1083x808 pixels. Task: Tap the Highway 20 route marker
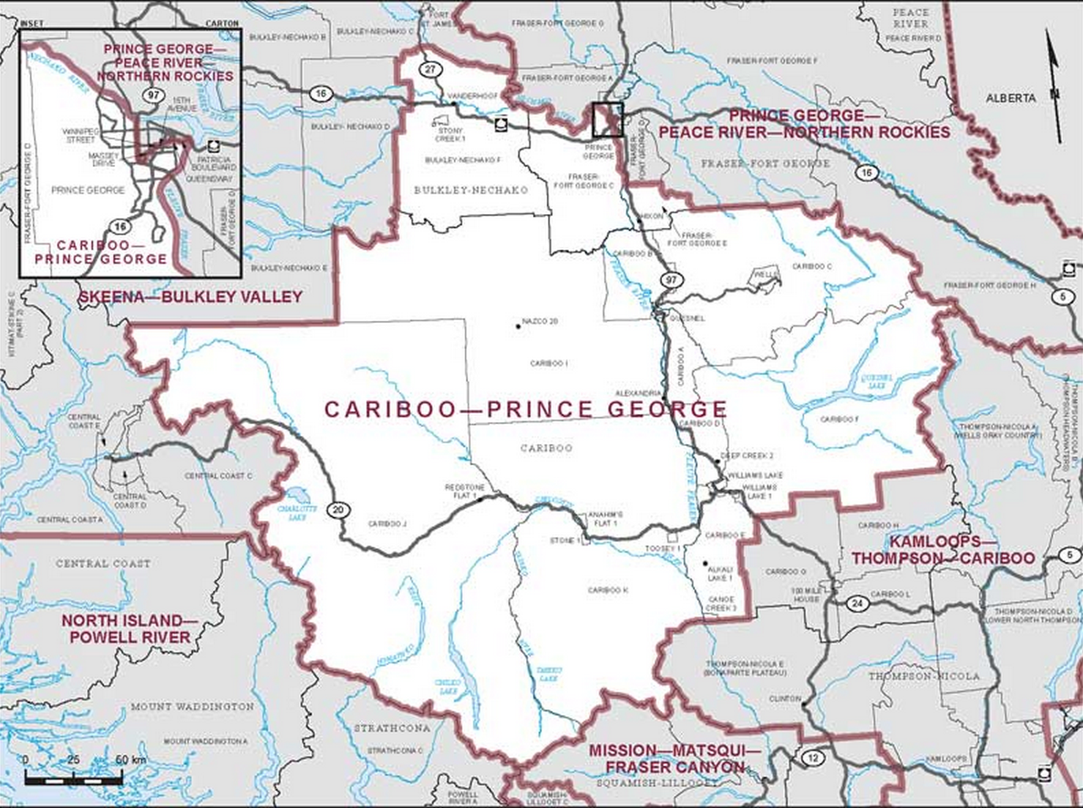coord(339,509)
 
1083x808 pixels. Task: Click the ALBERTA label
coord(1011,97)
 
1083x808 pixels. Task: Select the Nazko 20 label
coord(540,322)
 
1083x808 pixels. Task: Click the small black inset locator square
coord(606,119)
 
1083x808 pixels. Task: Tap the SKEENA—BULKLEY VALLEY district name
coord(190,297)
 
